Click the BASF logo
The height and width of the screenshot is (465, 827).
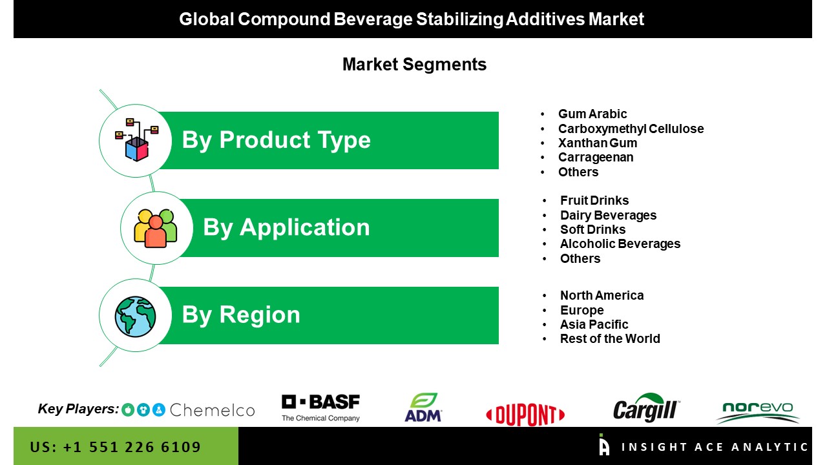tap(320, 408)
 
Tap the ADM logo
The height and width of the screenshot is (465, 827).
tap(423, 408)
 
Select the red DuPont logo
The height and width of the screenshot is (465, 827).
tap(525, 415)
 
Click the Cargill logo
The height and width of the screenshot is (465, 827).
tap(646, 408)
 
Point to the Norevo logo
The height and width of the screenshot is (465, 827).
tap(758, 413)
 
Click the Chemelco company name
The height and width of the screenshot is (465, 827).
tap(213, 410)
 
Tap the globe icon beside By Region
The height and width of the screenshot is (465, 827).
tap(135, 316)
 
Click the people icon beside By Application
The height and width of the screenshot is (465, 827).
tap(156, 228)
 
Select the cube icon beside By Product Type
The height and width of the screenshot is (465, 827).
tap(136, 140)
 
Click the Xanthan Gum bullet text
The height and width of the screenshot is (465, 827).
tap(598, 143)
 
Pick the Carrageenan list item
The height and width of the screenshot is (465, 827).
tap(596, 157)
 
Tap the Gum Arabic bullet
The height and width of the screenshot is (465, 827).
tap(592, 114)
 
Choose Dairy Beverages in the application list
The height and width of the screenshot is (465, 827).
tap(608, 215)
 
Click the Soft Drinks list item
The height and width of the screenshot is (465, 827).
tap(592, 229)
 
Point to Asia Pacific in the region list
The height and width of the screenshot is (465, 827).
tap(594, 324)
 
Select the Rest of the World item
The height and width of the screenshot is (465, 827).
tap(610, 338)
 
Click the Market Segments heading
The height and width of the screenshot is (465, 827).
tap(414, 65)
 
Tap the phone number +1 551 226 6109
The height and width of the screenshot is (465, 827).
tap(132, 447)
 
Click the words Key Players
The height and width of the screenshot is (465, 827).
tap(78, 409)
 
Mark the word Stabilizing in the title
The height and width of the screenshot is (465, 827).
tap(459, 19)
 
